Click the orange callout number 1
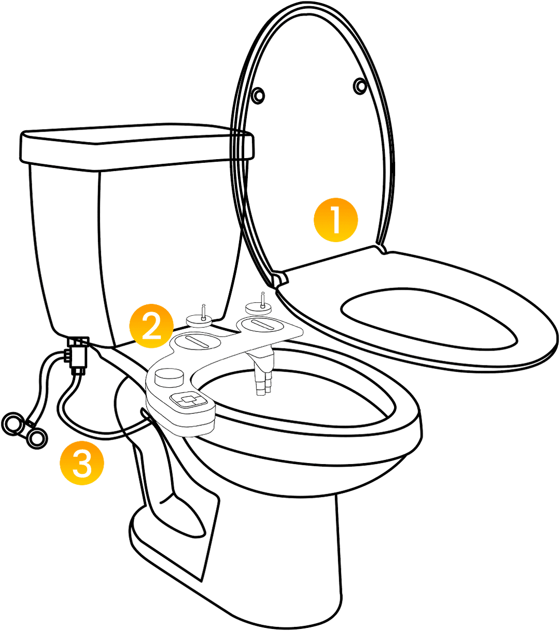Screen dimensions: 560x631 336,220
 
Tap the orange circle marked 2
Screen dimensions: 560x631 152,326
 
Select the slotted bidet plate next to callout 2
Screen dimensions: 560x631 198,341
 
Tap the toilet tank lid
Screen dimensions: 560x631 136,146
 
